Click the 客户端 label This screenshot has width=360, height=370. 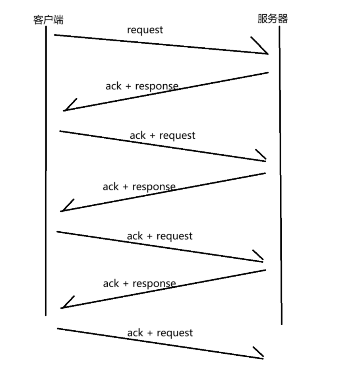pos(48,19)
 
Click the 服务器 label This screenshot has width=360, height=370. pos(273,19)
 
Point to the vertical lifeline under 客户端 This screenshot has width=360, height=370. pos(46,171)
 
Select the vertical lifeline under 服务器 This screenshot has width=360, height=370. pos(280,175)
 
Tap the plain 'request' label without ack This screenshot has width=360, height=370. pos(145,30)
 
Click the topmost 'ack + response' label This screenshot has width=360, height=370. pos(142,86)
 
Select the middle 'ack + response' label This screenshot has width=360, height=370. pos(139,186)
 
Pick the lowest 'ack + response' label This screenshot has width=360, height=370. pos(139,283)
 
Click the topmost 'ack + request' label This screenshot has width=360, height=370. pos(163,135)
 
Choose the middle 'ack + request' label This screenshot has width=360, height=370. pos(160,236)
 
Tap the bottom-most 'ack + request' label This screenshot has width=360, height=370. pos(160,333)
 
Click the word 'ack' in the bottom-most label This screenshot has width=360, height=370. pos(135,333)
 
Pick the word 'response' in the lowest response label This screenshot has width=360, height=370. pos(154,284)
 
